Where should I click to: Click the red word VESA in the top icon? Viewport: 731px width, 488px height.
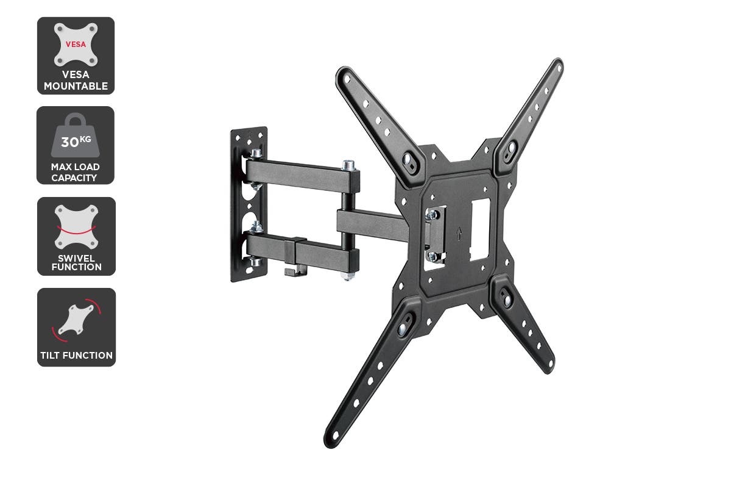click(x=76, y=44)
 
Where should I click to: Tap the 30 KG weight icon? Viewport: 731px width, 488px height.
click(x=76, y=138)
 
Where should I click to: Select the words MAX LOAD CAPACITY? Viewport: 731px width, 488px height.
click(x=76, y=172)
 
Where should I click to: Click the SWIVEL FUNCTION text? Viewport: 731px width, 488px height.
click(x=76, y=262)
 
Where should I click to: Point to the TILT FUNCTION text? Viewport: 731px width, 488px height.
click(x=76, y=355)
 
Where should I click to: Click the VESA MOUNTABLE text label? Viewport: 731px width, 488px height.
click(x=76, y=81)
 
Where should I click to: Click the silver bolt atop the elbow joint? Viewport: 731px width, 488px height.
click(x=348, y=165)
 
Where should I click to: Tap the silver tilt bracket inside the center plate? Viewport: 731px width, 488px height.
click(x=434, y=235)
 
